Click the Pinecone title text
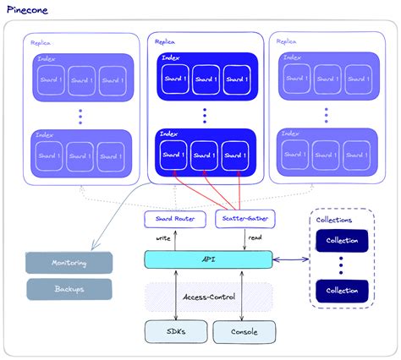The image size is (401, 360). pos(28,9)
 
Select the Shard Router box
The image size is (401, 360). pos(174,220)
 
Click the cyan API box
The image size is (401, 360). pos(208,259)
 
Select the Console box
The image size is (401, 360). pos(244,331)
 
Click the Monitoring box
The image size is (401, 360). pos(69,263)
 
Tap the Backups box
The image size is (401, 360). pos(69,289)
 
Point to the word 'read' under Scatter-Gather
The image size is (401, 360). pos(255,237)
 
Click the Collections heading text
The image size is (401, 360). pos(333,220)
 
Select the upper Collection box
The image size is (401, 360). pos(343,240)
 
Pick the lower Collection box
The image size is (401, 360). pos(343,291)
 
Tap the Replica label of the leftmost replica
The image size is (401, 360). pos(42,41)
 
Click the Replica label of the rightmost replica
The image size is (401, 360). pos(286,41)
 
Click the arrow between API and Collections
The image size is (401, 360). pos(291,259)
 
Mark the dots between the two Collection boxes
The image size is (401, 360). pos(343,265)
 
